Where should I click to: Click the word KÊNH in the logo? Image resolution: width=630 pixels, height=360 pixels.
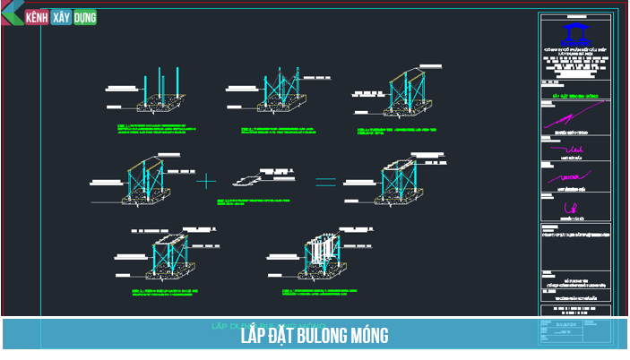tap(37, 17)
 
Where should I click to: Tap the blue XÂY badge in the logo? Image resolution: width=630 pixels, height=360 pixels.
tap(61, 17)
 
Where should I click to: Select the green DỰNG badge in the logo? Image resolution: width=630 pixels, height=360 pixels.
tap(84, 17)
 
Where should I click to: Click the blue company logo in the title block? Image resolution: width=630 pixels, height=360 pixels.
tap(574, 33)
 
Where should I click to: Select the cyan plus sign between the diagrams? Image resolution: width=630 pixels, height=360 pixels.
tap(206, 181)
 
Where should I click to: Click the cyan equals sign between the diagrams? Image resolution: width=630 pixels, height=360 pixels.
tap(325, 181)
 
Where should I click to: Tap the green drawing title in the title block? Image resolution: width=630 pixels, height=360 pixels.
tap(574, 94)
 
